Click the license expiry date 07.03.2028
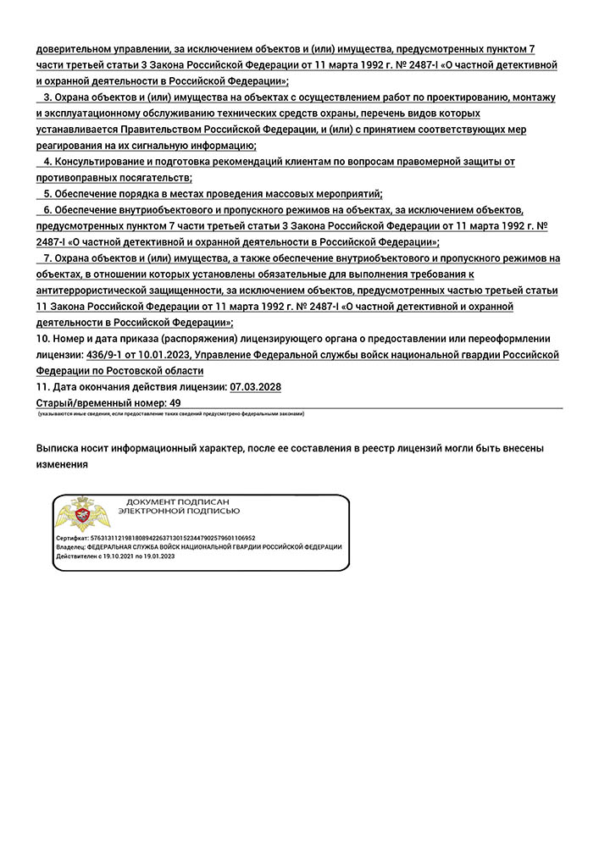(x=255, y=387)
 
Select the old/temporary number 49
(x=175, y=403)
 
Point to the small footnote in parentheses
(x=170, y=413)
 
